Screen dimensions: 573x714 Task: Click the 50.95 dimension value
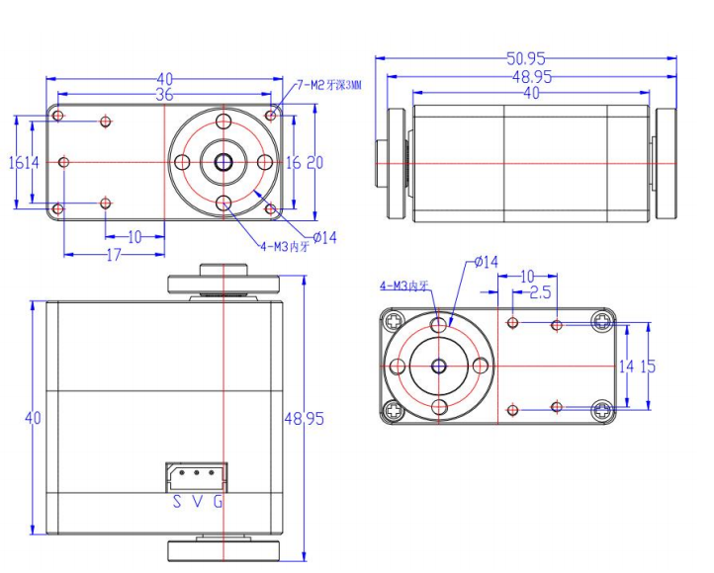pyautogui.click(x=526, y=59)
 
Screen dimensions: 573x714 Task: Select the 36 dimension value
pyautogui.click(x=164, y=95)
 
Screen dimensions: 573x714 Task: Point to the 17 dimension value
pyautogui.click(x=113, y=255)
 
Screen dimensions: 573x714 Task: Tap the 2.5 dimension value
pyautogui.click(x=540, y=292)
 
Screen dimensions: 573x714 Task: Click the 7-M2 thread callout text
pyautogui.click(x=329, y=85)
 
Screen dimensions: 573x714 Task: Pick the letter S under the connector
pyautogui.click(x=176, y=502)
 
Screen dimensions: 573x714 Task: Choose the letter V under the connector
pyautogui.click(x=197, y=502)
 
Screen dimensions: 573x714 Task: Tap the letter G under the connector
pyautogui.click(x=218, y=502)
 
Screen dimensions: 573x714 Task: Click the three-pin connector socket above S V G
pyautogui.click(x=196, y=476)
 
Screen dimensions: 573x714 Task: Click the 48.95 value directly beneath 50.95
pyautogui.click(x=531, y=76)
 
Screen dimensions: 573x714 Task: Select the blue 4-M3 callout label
pyautogui.click(x=403, y=286)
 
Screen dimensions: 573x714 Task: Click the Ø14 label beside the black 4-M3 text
pyautogui.click(x=324, y=237)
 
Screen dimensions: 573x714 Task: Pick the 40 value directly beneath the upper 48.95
pyautogui.click(x=531, y=93)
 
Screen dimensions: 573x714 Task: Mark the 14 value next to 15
pyautogui.click(x=626, y=366)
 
